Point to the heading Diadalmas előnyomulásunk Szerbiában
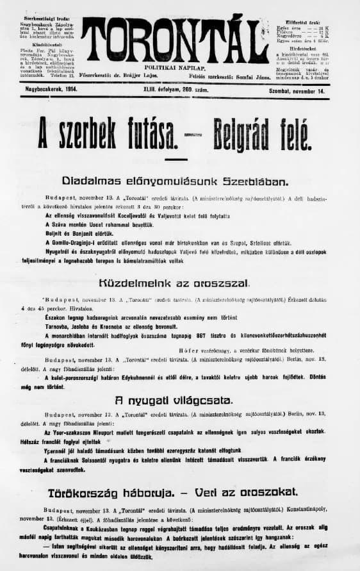(179, 181)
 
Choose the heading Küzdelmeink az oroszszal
(174, 283)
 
